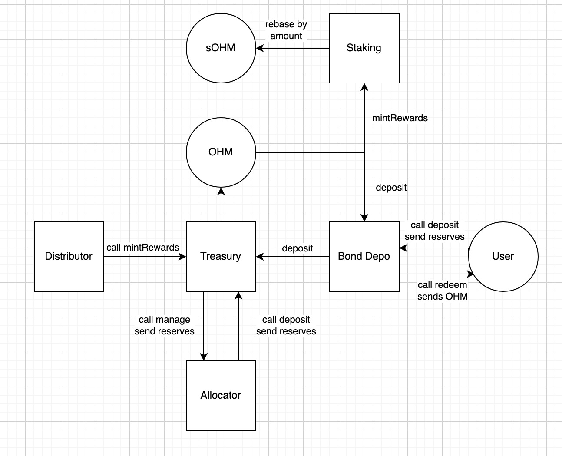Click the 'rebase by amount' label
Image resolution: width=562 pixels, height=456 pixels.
coord(286,30)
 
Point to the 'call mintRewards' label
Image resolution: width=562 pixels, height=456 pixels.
coord(143,248)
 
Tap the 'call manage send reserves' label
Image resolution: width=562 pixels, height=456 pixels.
coord(164,325)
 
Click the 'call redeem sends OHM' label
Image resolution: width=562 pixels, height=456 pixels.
coord(442,291)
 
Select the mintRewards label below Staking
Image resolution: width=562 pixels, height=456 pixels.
coord(400,118)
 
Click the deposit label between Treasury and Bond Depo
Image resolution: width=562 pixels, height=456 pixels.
coord(297,248)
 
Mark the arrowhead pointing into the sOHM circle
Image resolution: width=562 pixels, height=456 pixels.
coord(260,48)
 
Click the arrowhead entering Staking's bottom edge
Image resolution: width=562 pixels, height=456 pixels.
coord(364,87)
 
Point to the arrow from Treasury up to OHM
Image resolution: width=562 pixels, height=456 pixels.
coord(221,205)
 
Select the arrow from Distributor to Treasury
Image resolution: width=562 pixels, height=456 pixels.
coord(145,256)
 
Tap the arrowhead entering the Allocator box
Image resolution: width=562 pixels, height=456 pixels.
coord(203,357)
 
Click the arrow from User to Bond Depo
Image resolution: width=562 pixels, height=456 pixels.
coord(434,248)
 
